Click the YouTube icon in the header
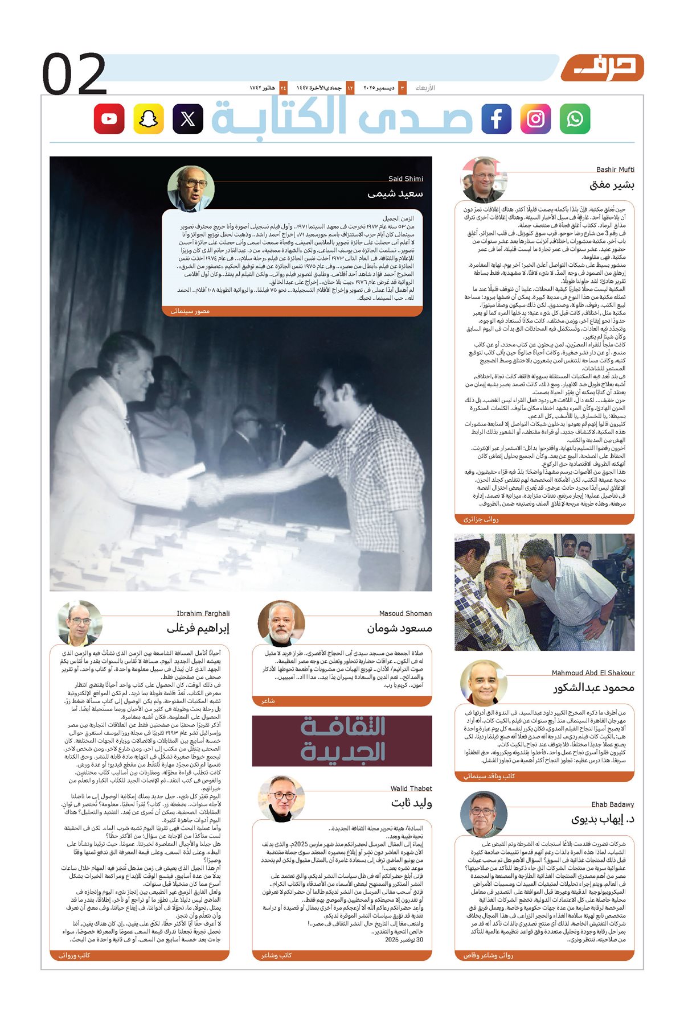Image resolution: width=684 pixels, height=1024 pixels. (x=109, y=119)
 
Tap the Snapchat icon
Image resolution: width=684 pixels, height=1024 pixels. (x=149, y=119)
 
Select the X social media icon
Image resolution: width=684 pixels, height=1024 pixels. (x=188, y=119)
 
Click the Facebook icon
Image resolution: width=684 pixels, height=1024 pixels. (x=496, y=119)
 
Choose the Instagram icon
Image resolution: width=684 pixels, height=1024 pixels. (x=535, y=119)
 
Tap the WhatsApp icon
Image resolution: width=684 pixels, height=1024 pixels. (x=575, y=119)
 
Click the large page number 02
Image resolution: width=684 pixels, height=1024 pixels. (x=74, y=74)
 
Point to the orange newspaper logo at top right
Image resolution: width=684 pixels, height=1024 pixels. (x=602, y=68)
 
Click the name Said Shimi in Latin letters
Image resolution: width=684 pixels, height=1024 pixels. (x=406, y=179)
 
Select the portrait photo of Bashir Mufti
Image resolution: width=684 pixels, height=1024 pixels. (x=483, y=180)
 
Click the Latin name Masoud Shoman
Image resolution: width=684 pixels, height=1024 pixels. (x=406, y=613)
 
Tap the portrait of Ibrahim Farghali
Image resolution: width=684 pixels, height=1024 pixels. (x=80, y=623)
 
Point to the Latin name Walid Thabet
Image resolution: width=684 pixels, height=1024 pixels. (x=411, y=788)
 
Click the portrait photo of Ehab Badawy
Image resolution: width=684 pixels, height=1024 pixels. (x=483, y=814)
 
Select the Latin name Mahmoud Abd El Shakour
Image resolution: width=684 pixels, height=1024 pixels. (x=593, y=673)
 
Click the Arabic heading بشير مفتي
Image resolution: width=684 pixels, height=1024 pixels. (x=612, y=185)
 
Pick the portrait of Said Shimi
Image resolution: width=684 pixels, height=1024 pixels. (x=191, y=188)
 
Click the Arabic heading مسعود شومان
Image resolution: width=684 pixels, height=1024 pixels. (x=399, y=628)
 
